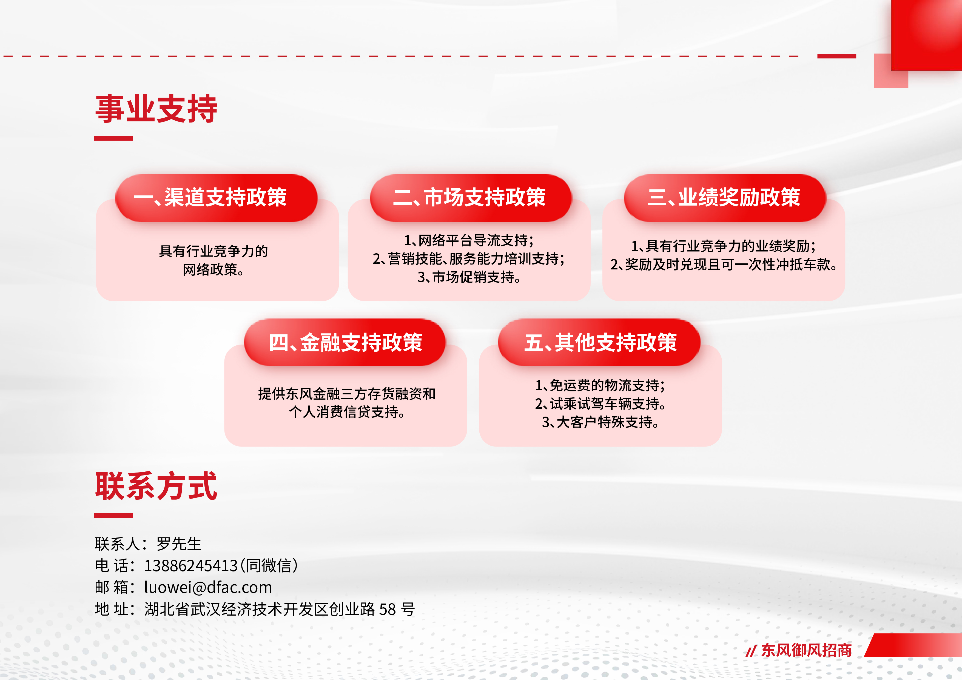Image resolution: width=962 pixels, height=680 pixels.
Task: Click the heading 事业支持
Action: pos(156,109)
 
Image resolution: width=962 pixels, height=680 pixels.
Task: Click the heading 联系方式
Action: pos(156,486)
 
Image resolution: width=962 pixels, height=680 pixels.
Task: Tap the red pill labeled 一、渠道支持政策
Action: pos(216,198)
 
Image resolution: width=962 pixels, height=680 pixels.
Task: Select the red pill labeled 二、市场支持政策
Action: pos(471,198)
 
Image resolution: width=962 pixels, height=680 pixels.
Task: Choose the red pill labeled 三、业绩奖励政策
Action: pos(724,198)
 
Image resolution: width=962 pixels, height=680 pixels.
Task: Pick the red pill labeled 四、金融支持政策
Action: pos(345,342)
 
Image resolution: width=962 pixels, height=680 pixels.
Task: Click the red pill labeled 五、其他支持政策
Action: pos(599,342)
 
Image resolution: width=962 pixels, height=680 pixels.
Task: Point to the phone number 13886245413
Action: pos(191,566)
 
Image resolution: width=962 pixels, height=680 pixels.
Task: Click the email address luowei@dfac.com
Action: pos(208,587)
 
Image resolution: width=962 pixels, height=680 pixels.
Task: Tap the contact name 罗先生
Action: pos(179,544)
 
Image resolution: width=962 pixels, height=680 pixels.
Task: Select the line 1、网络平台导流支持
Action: pos(468,240)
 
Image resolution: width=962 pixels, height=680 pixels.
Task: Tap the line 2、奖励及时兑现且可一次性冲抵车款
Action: pos(724,264)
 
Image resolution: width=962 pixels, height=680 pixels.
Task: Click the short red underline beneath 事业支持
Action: pos(113,138)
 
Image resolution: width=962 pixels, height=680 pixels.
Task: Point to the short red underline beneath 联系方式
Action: pos(113,516)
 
